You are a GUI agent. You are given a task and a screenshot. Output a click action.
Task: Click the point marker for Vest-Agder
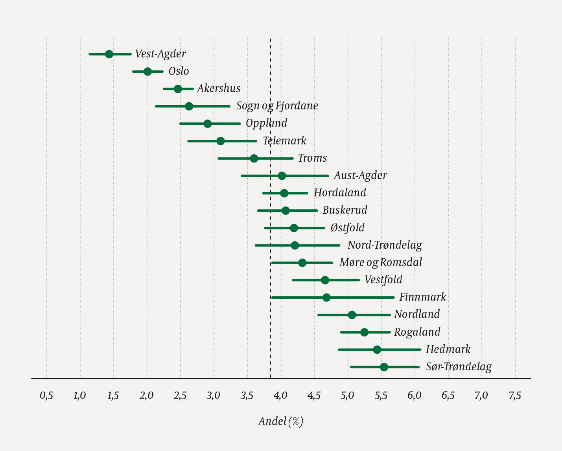(x=109, y=54)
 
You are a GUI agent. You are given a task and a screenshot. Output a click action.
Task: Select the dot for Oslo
(x=147, y=71)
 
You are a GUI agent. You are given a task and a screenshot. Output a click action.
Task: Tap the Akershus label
(x=219, y=89)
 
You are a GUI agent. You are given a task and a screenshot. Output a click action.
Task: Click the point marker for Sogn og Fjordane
(x=189, y=106)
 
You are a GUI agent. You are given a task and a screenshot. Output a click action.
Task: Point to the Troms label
(x=312, y=158)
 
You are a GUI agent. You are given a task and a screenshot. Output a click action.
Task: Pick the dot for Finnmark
(x=326, y=298)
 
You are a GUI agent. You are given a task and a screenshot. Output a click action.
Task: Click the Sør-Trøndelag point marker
(x=384, y=367)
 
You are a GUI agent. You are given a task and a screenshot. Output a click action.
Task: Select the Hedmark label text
(x=448, y=349)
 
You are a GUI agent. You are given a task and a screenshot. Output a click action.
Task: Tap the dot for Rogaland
(x=364, y=332)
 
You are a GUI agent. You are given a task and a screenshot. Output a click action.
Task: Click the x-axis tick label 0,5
(x=46, y=396)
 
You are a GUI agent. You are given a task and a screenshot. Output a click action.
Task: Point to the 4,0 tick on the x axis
(x=280, y=396)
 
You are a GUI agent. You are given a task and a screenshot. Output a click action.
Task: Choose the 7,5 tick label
(x=515, y=396)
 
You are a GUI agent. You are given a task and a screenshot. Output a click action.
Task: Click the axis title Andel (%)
(x=281, y=421)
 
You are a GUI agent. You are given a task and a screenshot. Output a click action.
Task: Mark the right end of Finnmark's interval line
(x=394, y=298)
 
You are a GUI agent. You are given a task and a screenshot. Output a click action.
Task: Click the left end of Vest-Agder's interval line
(x=90, y=54)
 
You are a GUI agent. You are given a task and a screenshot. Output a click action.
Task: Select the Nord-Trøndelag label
(x=385, y=245)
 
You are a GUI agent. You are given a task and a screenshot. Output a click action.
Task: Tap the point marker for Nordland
(x=352, y=315)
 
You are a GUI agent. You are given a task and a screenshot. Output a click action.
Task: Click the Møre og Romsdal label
(x=381, y=262)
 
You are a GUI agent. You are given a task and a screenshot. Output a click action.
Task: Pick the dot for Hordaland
(x=284, y=193)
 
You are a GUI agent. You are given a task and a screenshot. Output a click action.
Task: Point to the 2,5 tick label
(x=180, y=396)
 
